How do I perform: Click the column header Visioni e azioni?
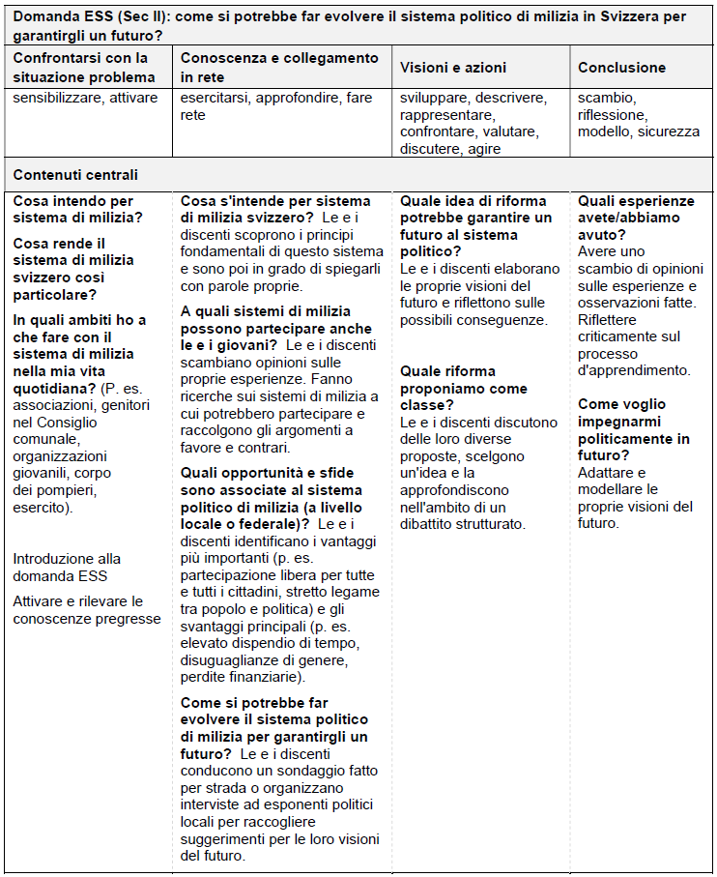pyautogui.click(x=453, y=68)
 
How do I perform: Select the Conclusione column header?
pyautogui.click(x=621, y=68)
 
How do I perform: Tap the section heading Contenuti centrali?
pyautogui.click(x=75, y=175)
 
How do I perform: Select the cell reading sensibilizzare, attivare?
pyautogui.click(x=85, y=98)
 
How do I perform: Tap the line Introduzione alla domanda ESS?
pyautogui.click(x=68, y=568)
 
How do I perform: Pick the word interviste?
pyautogui.click(x=214, y=804)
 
